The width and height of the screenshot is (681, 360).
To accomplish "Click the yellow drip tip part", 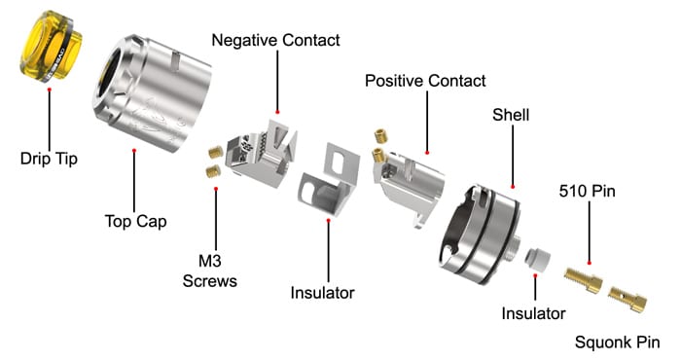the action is (51, 47).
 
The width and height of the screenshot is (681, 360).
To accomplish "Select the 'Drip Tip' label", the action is (49, 159).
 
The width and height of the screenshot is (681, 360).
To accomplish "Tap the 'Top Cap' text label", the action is (135, 221).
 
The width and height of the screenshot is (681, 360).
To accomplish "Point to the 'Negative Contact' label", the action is (275, 40).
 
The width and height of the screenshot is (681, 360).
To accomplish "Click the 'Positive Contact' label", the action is (425, 81).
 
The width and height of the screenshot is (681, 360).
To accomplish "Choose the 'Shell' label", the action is (511, 115).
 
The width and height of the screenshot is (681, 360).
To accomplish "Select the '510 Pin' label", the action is (588, 191).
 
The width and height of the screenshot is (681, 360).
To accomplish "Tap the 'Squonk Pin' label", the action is (618, 342).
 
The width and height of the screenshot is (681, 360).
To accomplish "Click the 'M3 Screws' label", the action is (210, 271).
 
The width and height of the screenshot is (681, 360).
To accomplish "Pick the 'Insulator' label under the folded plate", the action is (322, 293).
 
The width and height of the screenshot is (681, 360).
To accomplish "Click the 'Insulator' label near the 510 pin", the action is (533, 313).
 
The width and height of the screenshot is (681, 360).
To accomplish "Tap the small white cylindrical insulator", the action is (537, 259).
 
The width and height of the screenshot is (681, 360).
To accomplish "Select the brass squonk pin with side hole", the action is (627, 298).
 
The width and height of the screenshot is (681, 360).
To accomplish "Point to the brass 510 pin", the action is (584, 280).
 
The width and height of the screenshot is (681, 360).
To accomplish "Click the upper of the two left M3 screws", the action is (216, 152).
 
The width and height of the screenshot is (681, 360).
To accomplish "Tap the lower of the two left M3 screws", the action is (213, 171).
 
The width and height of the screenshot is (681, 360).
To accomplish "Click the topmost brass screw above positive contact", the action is (381, 135).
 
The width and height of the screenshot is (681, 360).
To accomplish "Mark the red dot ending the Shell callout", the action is (513, 187).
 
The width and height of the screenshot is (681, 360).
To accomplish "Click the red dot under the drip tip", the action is (50, 90).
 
